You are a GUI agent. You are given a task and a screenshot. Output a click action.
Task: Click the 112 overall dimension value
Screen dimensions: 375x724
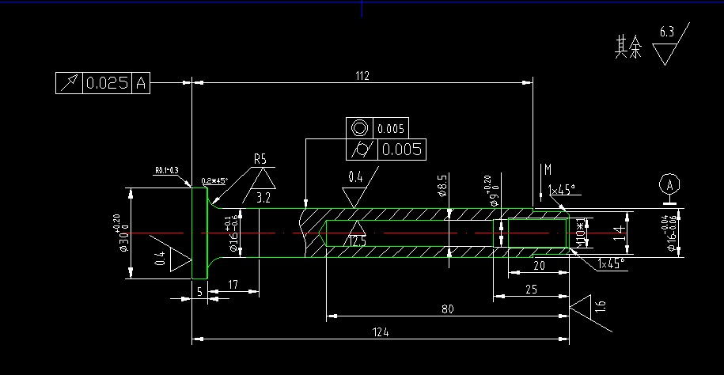tap(362, 75)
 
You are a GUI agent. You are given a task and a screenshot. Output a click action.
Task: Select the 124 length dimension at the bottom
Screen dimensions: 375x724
tap(381, 332)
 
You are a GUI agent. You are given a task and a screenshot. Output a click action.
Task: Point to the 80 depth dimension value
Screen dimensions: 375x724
tap(447, 309)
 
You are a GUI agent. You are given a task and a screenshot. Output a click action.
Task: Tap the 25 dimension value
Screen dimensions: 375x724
tap(531, 290)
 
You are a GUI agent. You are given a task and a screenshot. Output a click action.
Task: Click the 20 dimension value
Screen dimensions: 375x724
tap(540, 265)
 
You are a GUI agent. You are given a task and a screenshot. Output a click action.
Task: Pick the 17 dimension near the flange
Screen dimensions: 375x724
tap(233, 284)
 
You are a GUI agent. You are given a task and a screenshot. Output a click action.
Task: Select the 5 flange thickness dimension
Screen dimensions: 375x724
tap(199, 291)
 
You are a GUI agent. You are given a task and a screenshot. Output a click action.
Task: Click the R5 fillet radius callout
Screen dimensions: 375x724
tap(260, 159)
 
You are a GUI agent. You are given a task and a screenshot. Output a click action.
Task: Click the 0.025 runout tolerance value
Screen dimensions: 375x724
tap(107, 83)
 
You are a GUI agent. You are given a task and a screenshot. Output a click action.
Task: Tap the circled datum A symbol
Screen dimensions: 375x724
tap(670, 184)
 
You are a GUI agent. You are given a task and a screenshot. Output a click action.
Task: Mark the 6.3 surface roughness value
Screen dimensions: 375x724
tap(666, 32)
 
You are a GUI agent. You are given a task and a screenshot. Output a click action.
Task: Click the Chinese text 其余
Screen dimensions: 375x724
tap(628, 49)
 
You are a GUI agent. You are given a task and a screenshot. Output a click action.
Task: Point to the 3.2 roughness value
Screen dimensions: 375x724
tap(264, 196)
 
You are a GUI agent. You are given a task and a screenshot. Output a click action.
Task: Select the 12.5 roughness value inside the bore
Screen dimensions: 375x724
tap(358, 241)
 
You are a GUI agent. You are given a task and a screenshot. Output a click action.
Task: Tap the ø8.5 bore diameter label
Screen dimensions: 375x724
tap(442, 186)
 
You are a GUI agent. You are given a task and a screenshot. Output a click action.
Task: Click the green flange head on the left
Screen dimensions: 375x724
tap(199, 232)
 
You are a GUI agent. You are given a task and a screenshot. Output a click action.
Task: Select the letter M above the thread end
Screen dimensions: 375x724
tap(547, 169)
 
